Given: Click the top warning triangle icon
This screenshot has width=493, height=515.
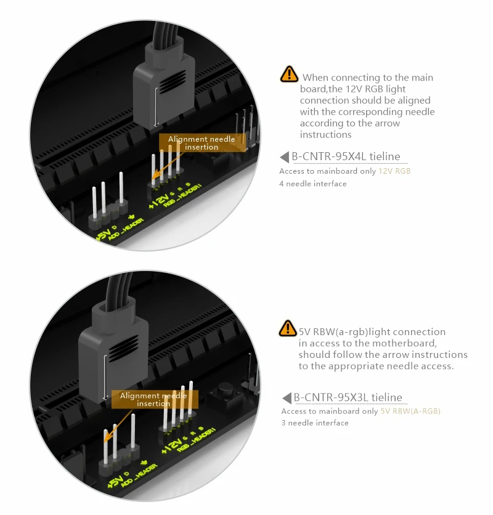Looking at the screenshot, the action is (289, 74).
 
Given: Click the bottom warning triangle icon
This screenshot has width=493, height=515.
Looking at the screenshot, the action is (288, 328).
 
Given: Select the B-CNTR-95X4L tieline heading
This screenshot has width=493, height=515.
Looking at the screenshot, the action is (346, 156).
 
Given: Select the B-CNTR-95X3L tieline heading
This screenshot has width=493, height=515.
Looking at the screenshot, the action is (348, 397).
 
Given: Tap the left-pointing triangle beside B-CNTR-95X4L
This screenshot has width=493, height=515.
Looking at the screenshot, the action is (284, 157).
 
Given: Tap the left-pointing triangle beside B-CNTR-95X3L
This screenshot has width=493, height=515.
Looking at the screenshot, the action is (287, 398).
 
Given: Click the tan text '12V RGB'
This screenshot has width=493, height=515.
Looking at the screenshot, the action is (394, 171).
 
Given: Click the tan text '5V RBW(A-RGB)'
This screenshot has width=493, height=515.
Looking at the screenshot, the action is (410, 412).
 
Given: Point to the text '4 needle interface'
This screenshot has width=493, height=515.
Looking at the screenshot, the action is (313, 184).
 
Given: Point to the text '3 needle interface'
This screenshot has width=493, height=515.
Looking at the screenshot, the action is (315, 423).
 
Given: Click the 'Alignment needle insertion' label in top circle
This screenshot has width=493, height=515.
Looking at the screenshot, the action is (202, 143).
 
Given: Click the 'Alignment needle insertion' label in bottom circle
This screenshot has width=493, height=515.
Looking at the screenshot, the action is (154, 399).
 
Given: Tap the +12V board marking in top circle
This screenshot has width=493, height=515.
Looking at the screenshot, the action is (159, 201).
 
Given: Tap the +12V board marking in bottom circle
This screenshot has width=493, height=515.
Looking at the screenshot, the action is (172, 446).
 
